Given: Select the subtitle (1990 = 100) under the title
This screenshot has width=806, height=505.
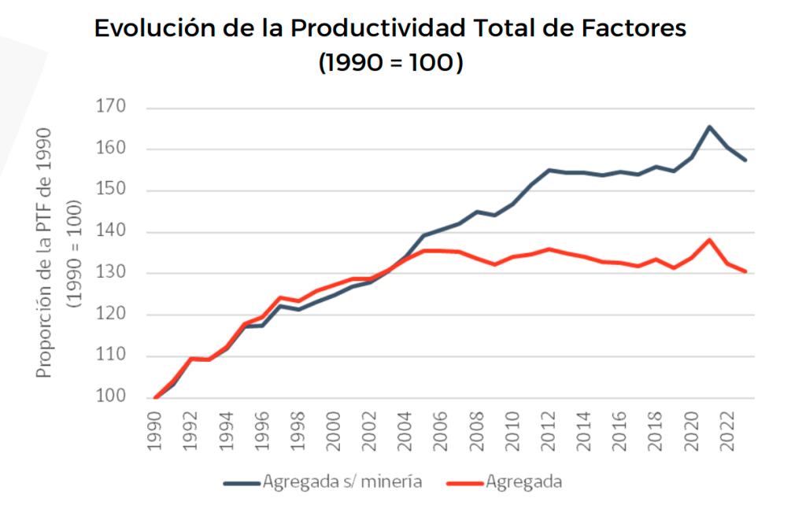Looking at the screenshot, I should [390, 63].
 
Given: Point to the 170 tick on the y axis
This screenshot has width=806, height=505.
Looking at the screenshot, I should [110, 108].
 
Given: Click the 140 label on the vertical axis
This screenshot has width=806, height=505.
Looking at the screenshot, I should [110, 232].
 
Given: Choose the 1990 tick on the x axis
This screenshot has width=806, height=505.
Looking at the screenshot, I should [156, 429].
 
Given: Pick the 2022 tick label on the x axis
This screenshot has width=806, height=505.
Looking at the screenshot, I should [727, 429].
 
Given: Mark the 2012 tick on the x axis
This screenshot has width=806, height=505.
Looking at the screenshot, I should [549, 429].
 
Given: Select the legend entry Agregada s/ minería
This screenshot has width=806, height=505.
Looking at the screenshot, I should [323, 481].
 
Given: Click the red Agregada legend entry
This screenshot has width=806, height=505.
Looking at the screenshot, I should [503, 481].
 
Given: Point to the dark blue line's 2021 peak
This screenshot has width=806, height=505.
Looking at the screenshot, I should [709, 127].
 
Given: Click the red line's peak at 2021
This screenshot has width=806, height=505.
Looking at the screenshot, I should [709, 240].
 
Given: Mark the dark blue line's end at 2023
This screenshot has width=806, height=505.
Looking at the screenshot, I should [745, 160].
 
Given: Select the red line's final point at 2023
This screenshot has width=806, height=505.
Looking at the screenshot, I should [745, 271].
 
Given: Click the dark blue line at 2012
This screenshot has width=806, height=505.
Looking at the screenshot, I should [549, 170].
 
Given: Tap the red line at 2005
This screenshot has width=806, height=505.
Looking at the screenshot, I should [423, 251].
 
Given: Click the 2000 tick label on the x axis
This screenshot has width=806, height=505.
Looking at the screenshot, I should [335, 429].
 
